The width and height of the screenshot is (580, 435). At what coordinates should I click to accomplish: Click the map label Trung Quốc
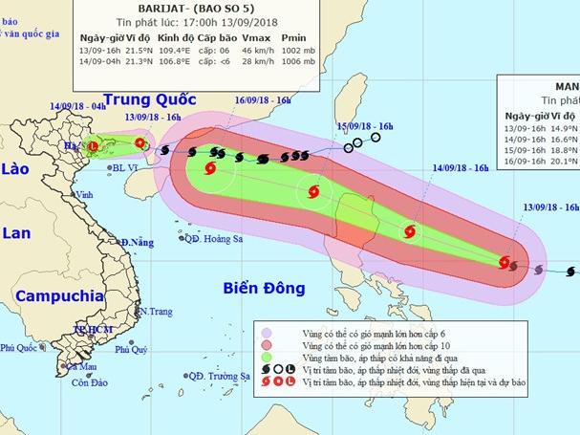[149, 99]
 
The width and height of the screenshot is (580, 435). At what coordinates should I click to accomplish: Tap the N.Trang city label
[155, 312]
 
